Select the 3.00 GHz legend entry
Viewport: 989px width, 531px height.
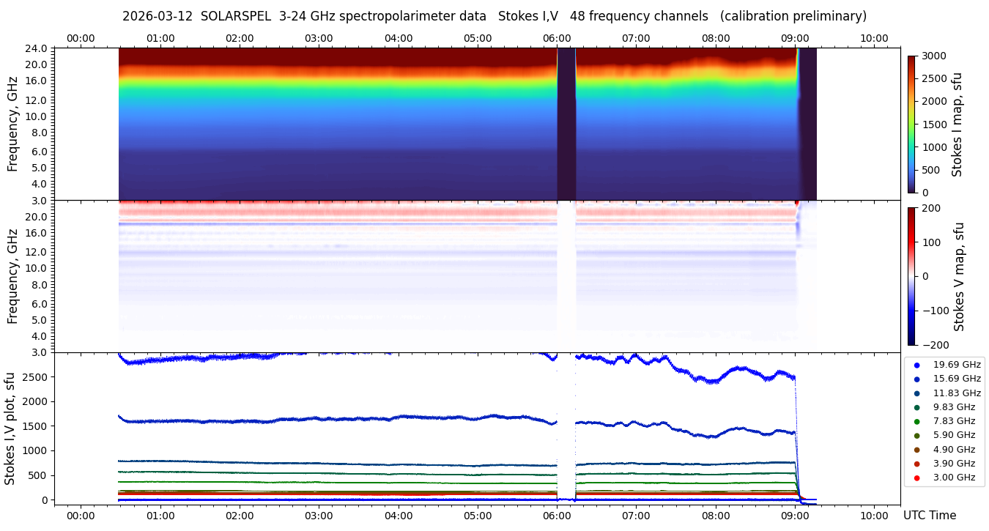[954, 478]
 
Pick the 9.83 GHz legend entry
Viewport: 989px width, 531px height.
[954, 407]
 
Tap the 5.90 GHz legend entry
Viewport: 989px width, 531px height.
[954, 435]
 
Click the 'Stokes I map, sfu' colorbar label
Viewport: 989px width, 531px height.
[957, 125]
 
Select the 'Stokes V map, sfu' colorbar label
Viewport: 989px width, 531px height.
[958, 277]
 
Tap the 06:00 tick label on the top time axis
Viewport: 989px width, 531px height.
[557, 38]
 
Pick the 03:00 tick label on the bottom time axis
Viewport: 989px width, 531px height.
[319, 516]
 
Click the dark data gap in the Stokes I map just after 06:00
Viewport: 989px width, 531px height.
[566, 125]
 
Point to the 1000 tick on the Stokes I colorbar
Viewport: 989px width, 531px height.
[933, 147]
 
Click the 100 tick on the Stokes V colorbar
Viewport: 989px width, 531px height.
[930, 242]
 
